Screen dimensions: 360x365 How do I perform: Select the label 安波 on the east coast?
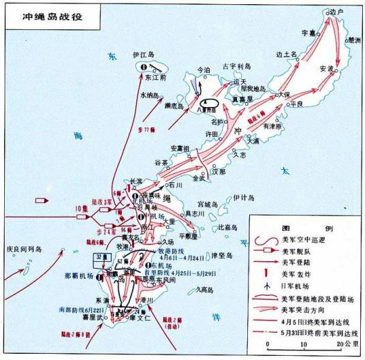pos(326,69)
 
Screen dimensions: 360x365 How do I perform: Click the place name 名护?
pos(217,121)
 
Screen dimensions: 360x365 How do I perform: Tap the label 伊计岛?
pos(243,198)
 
